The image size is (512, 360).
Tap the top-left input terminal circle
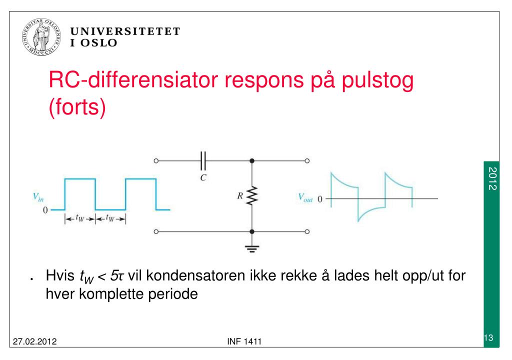[x=156, y=161]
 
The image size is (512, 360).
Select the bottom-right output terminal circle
[x=307, y=232]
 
